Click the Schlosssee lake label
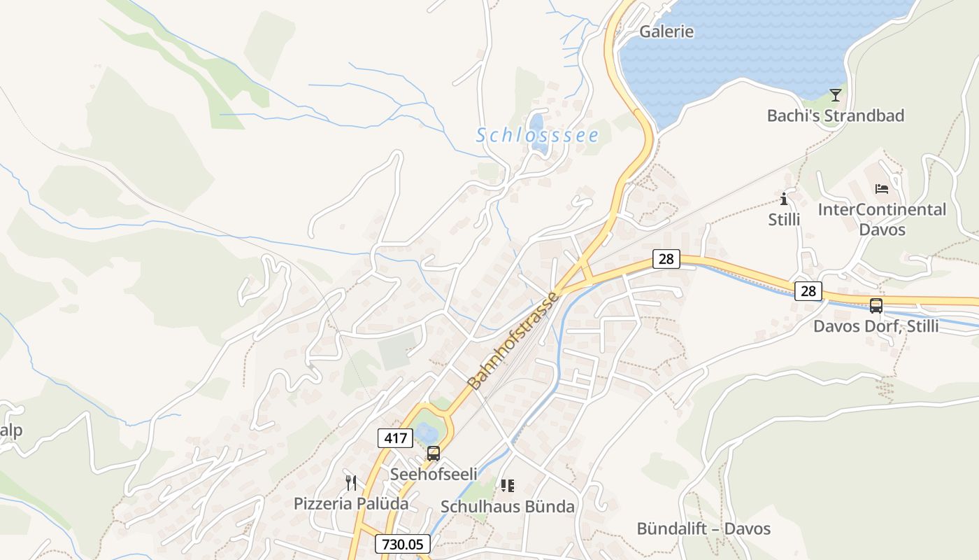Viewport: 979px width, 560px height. point(537,135)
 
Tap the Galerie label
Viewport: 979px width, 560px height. point(666,31)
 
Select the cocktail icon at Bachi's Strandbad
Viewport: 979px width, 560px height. point(835,94)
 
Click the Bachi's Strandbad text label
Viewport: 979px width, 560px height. point(835,115)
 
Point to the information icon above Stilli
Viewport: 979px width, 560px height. point(784,199)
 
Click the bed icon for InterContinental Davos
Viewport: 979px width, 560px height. point(881,189)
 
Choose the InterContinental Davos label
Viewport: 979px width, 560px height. point(881,219)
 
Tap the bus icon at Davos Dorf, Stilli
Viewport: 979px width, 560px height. point(876,305)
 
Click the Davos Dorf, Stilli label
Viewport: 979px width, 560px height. point(876,326)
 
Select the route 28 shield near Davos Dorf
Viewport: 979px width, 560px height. point(808,290)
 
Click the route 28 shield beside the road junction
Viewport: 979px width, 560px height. point(666,259)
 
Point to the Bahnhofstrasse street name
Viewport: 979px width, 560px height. point(513,341)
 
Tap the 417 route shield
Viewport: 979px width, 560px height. point(395,439)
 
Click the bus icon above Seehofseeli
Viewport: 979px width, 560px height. point(434,454)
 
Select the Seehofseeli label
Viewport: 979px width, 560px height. point(434,475)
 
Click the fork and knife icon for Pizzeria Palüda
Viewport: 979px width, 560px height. point(351,482)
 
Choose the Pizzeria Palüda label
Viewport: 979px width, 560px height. point(351,503)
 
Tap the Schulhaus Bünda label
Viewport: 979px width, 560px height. point(508,506)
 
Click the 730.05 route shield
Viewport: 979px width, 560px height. point(402,544)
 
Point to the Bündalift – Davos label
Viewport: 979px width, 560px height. point(703,528)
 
